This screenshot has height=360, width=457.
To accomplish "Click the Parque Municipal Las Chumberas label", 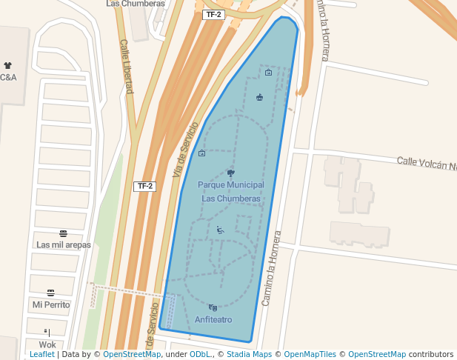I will (x=230, y=191).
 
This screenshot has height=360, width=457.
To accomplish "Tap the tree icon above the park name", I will (x=230, y=173).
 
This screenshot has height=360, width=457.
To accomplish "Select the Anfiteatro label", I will (x=213, y=319).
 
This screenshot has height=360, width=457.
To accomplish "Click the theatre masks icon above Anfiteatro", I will (x=213, y=307).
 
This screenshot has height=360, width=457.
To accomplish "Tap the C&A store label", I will (x=8, y=77).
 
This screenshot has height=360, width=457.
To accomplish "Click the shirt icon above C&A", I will (x=8, y=66).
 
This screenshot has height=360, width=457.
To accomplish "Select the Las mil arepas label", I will (x=64, y=244).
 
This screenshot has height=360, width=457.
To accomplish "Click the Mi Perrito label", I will (x=51, y=304).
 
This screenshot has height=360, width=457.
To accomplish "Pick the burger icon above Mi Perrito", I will (x=50, y=293).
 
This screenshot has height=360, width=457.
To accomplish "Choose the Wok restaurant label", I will (x=47, y=344).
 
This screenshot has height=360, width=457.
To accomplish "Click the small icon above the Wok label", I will (x=47, y=333).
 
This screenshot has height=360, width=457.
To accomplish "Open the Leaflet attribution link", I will (x=41, y=355).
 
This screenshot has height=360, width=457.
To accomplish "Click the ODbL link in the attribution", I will (x=199, y=355).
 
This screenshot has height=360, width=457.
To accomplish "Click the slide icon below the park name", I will (x=220, y=230).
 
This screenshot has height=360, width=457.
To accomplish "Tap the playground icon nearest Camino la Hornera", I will (x=260, y=97).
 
